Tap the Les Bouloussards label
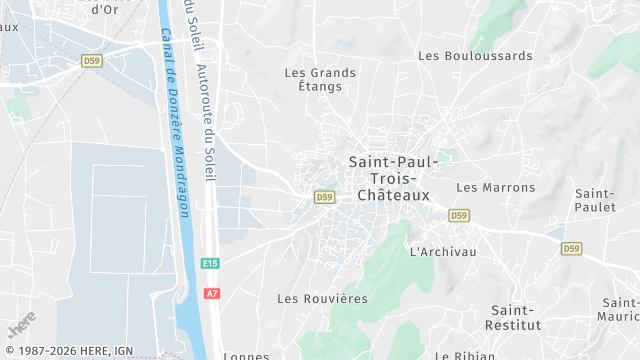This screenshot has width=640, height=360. (x=475, y=56)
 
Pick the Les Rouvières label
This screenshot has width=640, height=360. (x=322, y=298)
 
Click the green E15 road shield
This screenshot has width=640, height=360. (x=209, y=263)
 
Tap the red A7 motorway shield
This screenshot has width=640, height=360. (x=211, y=293)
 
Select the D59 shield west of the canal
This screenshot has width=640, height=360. (x=92, y=61)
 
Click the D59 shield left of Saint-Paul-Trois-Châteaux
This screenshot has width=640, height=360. (x=324, y=197)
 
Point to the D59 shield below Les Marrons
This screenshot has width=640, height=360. (x=459, y=215)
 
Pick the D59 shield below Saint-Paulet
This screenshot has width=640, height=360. (x=571, y=248)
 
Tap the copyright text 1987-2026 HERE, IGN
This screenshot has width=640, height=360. (x=68, y=351)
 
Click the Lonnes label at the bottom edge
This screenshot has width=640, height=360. (x=246, y=355)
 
